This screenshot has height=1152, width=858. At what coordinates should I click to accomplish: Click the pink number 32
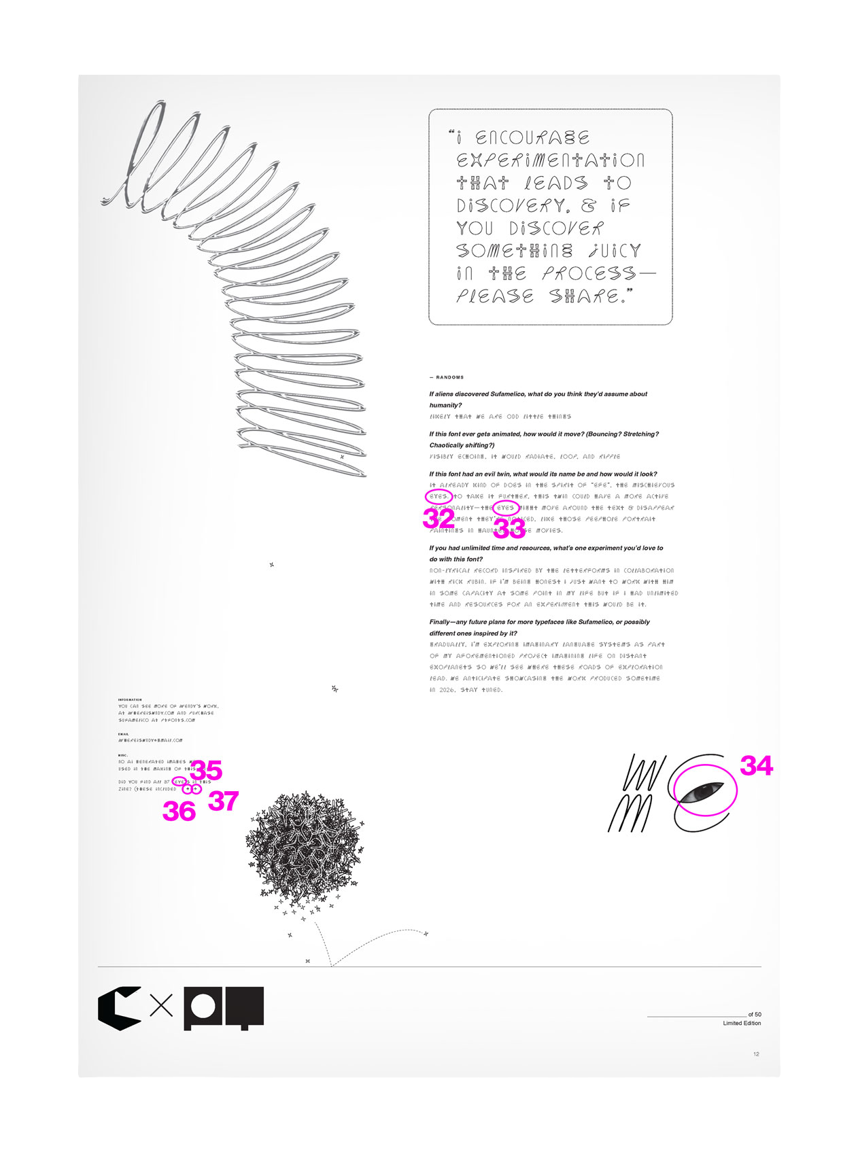tap(439, 519)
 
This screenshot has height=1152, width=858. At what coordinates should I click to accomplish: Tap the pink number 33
tap(509, 529)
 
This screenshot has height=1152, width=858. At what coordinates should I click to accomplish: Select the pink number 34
tap(756, 766)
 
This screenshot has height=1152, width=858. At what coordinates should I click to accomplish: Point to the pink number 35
tap(206, 771)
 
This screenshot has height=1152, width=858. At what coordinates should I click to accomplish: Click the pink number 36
tap(179, 811)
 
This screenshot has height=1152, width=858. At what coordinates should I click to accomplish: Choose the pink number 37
tap(223, 801)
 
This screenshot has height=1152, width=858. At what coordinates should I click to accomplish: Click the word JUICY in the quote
tap(615, 251)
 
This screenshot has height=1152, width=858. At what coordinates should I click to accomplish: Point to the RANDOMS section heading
tap(447, 377)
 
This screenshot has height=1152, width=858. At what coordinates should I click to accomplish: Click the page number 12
tap(756, 1054)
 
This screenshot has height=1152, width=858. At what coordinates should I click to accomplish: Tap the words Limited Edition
tap(742, 1023)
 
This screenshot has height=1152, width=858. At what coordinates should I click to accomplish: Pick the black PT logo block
tap(224, 1008)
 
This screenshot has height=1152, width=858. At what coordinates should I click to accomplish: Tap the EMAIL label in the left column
tap(123, 734)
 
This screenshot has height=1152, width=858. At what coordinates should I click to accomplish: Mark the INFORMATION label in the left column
tap(130, 699)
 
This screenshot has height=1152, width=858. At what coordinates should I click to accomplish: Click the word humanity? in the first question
tap(445, 405)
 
